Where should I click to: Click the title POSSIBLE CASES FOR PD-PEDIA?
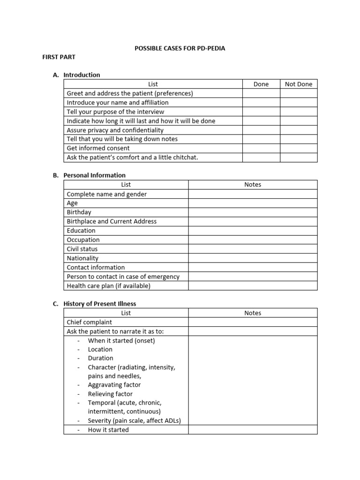[180, 48]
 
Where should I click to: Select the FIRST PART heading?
[59, 57]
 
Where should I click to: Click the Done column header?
[261, 84]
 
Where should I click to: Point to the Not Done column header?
[299, 84]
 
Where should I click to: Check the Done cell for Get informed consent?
[261, 148]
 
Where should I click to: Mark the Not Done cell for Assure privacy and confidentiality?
[299, 130]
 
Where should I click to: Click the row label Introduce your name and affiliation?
[118, 102]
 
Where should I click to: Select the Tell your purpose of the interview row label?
[115, 112]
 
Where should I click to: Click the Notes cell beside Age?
[253, 203]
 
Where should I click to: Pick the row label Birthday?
[79, 212]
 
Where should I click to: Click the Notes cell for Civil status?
[253, 249]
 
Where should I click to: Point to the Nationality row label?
[82, 258]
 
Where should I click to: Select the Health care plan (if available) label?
[109, 285]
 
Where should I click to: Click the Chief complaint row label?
[90, 322]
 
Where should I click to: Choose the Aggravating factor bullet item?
[114, 385]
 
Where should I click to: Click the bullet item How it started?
[108, 429]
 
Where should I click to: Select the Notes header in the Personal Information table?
[253, 185]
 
